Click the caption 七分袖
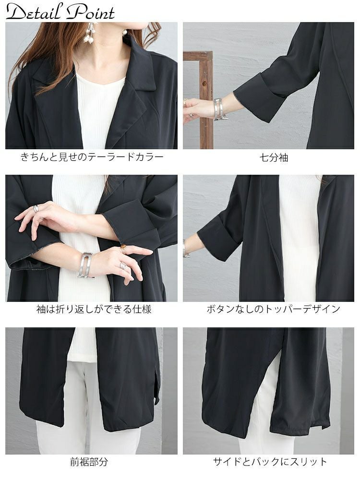[274, 157]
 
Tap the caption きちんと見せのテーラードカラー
[92, 157]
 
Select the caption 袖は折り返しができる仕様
[94, 309]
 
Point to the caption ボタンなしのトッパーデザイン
[274, 309]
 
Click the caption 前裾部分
[89, 462]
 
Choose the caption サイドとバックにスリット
[270, 462]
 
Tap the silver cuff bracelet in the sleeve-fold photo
[86, 265]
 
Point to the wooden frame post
[206, 100]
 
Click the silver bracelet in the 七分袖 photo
[218, 108]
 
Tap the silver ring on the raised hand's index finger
[36, 208]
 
